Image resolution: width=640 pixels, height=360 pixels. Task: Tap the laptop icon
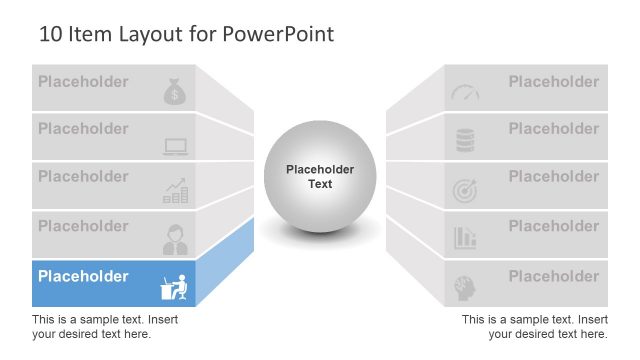175,147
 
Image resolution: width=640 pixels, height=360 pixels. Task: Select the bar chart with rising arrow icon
175,191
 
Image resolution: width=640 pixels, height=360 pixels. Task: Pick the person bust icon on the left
175,239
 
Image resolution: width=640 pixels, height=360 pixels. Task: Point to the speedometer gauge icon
465,93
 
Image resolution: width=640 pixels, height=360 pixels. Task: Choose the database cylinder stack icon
465,141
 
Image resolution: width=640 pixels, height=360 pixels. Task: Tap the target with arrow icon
465,190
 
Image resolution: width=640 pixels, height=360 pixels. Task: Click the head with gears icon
465,287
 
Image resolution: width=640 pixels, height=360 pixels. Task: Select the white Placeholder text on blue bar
83,276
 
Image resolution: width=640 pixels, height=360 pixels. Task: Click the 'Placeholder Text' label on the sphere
320,177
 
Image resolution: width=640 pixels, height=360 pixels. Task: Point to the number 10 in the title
50,34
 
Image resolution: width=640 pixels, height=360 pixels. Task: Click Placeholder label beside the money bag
83,81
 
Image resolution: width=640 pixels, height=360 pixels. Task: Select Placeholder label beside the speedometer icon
553,81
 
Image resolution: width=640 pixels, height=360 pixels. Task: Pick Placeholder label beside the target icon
553,177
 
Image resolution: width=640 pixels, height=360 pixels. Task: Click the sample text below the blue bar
94,326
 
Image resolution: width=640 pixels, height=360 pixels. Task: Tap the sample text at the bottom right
535,326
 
